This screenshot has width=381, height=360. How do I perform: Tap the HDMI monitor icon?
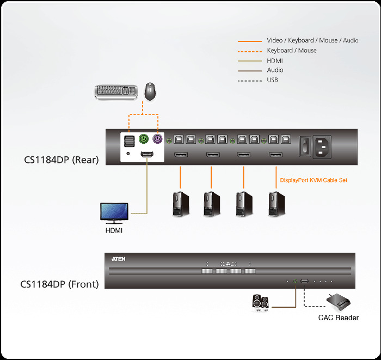[x=114, y=213]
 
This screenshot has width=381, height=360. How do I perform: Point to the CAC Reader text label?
[x=339, y=318]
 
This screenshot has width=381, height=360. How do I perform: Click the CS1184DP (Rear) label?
[x=61, y=160]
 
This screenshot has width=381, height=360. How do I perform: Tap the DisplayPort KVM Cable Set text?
[x=314, y=180]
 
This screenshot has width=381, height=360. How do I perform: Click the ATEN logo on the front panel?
[x=118, y=259]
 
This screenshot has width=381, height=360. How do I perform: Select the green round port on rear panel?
[x=144, y=139]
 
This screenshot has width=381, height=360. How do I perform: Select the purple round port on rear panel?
[x=157, y=139]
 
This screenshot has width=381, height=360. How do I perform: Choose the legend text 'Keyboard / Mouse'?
[x=291, y=51]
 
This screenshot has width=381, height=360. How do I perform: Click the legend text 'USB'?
[x=273, y=80]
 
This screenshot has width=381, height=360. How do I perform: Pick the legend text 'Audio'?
[x=275, y=70]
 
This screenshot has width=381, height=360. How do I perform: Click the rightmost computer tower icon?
[x=275, y=204]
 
